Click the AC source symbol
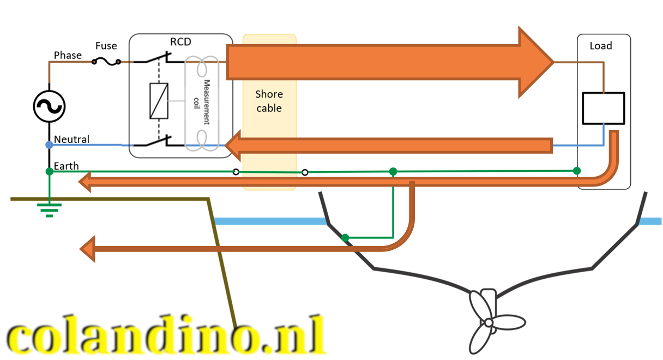[x=49, y=106]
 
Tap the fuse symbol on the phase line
[x=106, y=62]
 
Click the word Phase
[x=68, y=55]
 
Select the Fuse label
[x=106, y=46]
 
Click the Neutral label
[x=71, y=140]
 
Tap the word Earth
[x=66, y=166]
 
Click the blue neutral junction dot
[x=49, y=145]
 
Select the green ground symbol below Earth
[x=50, y=209]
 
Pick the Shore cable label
[x=269, y=101]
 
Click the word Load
[x=601, y=46]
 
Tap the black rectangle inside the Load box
[x=603, y=108]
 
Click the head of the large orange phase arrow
[x=534, y=62]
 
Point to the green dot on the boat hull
[x=345, y=238]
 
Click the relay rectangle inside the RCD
[x=159, y=101]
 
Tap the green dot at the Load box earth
[x=577, y=171]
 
